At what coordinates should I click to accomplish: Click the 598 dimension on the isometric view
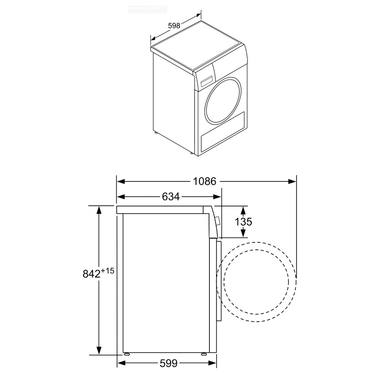coord(174,26)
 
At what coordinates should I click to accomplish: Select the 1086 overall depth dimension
coord(205,181)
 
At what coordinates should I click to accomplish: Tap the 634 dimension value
coord(171,197)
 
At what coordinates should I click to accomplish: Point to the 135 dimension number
coord(243,222)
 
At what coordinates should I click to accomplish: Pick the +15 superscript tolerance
coord(107,270)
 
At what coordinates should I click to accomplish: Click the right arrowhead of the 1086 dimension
coord(292,181)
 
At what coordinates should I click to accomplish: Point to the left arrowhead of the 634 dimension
coord(121,197)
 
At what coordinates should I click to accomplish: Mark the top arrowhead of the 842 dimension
coord(99,210)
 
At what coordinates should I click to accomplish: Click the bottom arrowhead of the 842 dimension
coord(99,350)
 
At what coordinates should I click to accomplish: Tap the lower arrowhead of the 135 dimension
coord(243,233)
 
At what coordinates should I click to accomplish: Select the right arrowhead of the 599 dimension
coord(213,363)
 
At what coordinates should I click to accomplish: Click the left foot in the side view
coord(127,353)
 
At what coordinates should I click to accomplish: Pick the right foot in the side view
coord(204,353)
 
